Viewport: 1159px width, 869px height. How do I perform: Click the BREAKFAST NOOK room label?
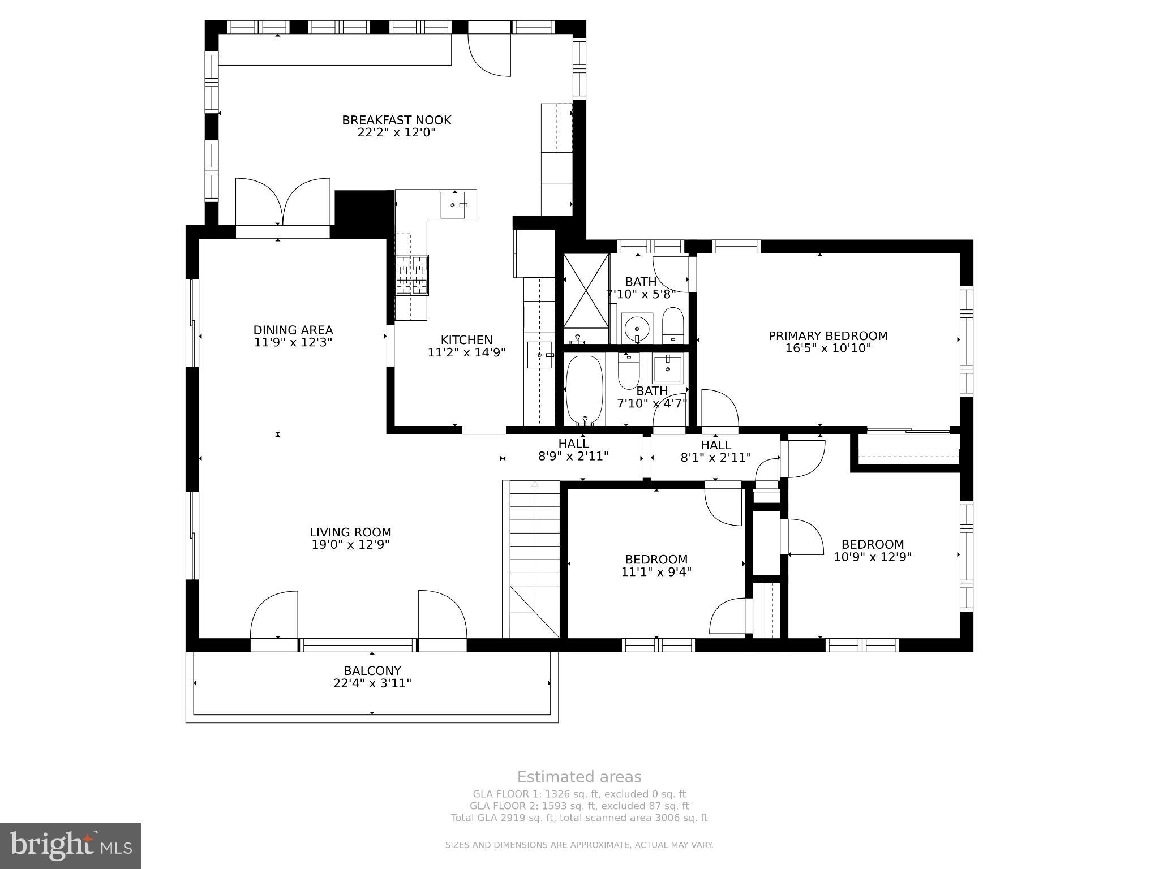(396, 120)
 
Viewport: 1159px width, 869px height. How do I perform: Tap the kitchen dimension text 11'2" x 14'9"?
(466, 352)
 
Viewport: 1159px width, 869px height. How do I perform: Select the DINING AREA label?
(293, 330)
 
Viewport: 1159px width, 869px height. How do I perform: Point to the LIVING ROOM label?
(350, 532)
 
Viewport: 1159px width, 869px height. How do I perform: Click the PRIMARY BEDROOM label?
(827, 335)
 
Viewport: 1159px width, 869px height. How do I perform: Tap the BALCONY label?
(372, 671)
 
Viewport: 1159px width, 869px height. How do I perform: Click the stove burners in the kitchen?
(411, 275)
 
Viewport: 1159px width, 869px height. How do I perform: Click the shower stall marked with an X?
(586, 290)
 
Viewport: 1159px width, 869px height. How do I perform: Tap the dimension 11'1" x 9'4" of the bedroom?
(656, 572)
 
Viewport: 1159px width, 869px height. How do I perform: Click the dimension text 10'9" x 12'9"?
(872, 557)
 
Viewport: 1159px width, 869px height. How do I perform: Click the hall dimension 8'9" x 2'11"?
(573, 456)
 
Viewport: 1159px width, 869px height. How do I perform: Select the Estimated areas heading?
(579, 777)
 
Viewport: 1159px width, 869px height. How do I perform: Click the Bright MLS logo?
(71, 845)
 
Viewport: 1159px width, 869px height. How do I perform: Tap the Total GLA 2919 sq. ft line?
(579, 818)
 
